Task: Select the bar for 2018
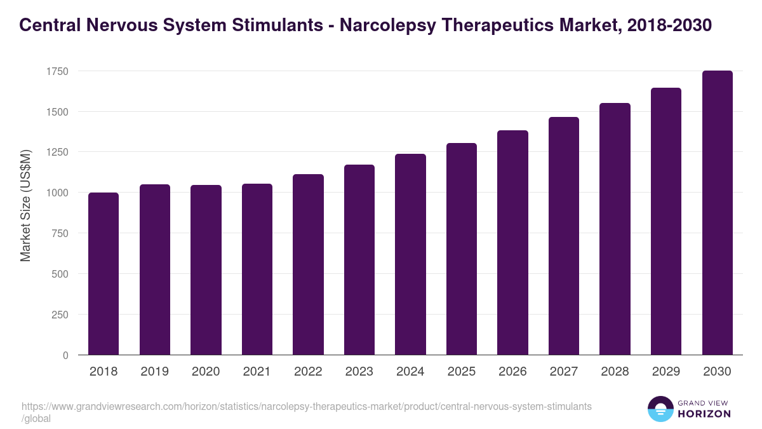click(x=104, y=273)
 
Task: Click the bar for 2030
click(x=717, y=213)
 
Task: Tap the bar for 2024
click(x=410, y=254)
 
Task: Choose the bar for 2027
click(x=564, y=236)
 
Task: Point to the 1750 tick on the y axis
click(x=57, y=71)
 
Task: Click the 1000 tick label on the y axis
click(x=57, y=193)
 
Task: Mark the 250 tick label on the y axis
click(x=59, y=315)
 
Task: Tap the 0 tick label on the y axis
click(x=65, y=355)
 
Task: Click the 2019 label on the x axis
click(x=154, y=372)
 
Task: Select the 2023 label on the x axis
click(x=359, y=372)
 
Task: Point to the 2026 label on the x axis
click(x=512, y=372)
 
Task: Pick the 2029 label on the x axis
click(x=665, y=372)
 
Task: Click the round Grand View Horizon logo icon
click(x=660, y=409)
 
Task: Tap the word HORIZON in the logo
click(x=704, y=414)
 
